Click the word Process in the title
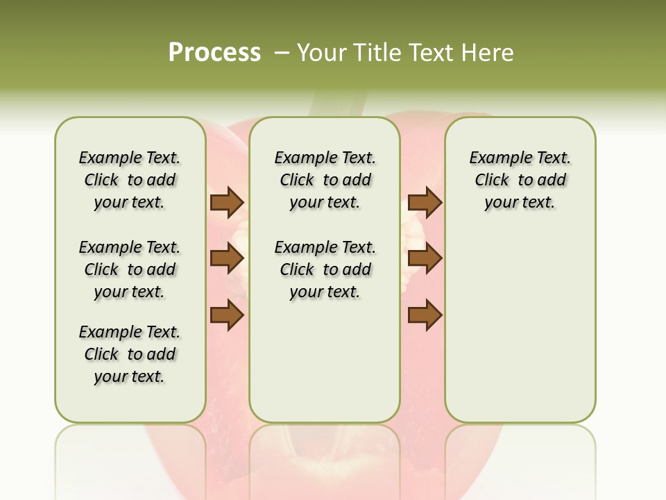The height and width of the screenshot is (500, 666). click(x=214, y=52)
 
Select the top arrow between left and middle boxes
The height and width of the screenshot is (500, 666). click(x=227, y=203)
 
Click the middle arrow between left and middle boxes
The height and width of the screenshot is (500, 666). click(x=227, y=259)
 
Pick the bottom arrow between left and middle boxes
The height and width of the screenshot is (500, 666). click(x=227, y=315)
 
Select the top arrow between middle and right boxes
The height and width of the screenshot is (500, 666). click(x=425, y=203)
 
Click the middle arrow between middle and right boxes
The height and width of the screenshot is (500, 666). click(x=425, y=259)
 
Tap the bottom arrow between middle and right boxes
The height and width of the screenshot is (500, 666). click(x=425, y=315)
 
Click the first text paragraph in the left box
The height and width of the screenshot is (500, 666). click(x=130, y=180)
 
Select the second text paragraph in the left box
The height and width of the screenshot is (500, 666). click(x=130, y=269)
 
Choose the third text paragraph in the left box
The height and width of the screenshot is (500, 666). click(x=130, y=354)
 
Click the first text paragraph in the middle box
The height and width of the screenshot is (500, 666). click(x=325, y=180)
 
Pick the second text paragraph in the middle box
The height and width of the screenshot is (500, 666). click(x=325, y=269)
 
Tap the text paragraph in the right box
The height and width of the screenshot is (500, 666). click(x=520, y=180)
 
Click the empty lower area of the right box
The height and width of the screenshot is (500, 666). click(x=520, y=326)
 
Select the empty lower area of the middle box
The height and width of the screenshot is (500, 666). click(x=325, y=361)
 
